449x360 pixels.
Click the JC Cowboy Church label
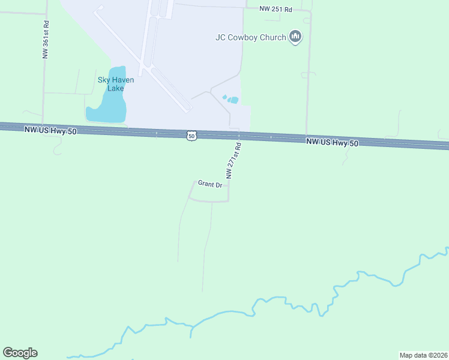point(251,37)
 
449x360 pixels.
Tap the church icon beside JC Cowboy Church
point(295,37)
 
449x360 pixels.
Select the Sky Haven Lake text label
point(116,84)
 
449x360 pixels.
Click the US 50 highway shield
point(191,136)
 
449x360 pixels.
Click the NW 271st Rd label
point(234,160)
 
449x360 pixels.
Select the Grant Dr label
point(210,184)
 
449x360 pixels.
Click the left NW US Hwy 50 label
point(50,130)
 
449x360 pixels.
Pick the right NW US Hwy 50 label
point(332,142)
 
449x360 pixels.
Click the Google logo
point(20,353)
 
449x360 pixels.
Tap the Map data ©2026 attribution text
point(423,355)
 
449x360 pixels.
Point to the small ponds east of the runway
point(231,99)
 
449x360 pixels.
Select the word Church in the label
point(273,37)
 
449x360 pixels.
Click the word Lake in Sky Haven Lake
point(115,88)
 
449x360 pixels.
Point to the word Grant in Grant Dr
point(206,184)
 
